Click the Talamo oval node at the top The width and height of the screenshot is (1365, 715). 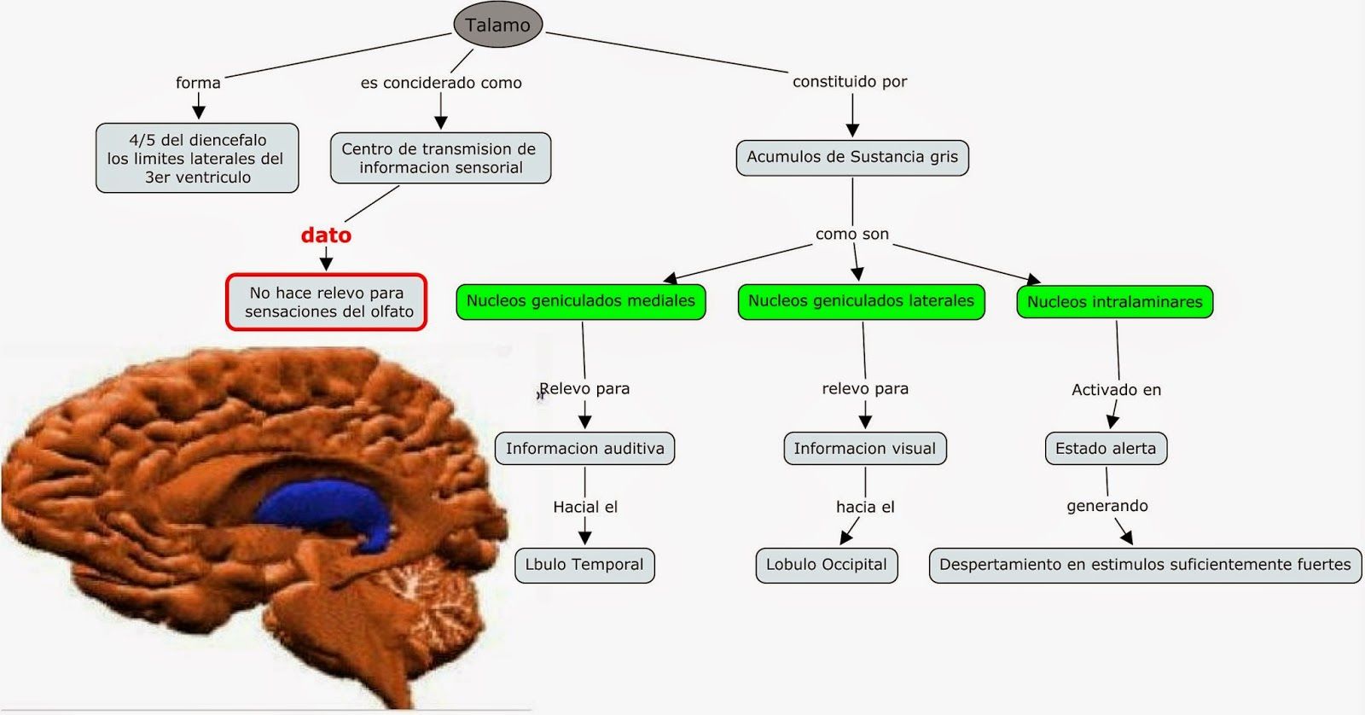497,26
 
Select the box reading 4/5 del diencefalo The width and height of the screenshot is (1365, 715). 197,158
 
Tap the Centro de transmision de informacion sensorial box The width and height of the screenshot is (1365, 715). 440,158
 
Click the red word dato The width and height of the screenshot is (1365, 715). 326,235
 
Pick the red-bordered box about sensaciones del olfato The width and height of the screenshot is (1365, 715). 327,302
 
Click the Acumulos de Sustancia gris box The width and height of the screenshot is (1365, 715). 852,157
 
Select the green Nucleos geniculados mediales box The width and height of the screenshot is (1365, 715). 580,301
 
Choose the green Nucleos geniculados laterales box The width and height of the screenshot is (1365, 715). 861,301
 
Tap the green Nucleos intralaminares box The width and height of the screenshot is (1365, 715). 1114,302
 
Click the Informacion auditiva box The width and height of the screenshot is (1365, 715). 584,449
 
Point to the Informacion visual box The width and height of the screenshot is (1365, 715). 864,449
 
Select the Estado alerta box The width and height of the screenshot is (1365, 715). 1106,449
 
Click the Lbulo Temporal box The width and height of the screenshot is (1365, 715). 584,565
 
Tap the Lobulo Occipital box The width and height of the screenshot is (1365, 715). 826,565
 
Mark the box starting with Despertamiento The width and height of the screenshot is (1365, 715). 1145,565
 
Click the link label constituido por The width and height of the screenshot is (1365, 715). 850,82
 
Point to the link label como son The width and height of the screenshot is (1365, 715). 852,234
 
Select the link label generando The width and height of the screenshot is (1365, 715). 1107,506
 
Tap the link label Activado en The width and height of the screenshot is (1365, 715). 1116,390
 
